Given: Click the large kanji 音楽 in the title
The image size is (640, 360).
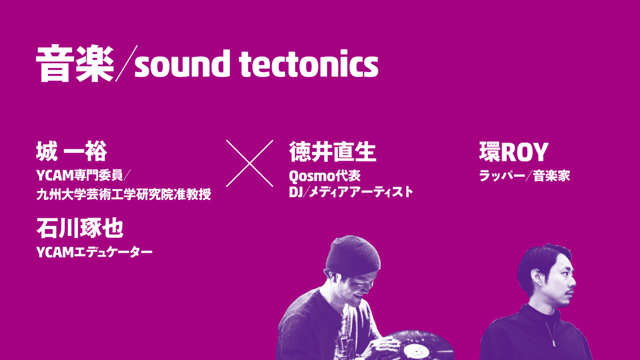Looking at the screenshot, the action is point(75,63).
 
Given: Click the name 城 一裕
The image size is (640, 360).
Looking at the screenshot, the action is point(71,151).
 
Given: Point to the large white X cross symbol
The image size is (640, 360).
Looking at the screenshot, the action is point(249,163).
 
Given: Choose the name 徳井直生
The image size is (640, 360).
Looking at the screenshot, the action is point(332,151).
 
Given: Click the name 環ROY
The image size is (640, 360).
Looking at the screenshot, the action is point(513,151).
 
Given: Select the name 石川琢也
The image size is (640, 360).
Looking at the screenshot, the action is point(80,228).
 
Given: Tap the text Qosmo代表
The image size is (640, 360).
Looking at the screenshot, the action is point(324,175).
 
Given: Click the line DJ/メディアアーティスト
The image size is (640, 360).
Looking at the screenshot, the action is point(351,192).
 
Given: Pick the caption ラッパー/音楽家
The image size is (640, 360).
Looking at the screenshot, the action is point(524,175).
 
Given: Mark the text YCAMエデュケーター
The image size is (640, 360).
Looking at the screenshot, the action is point(94,252).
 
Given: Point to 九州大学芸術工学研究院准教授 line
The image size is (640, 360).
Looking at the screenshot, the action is point(123,194).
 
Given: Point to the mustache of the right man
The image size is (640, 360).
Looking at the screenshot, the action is point(569,291).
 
